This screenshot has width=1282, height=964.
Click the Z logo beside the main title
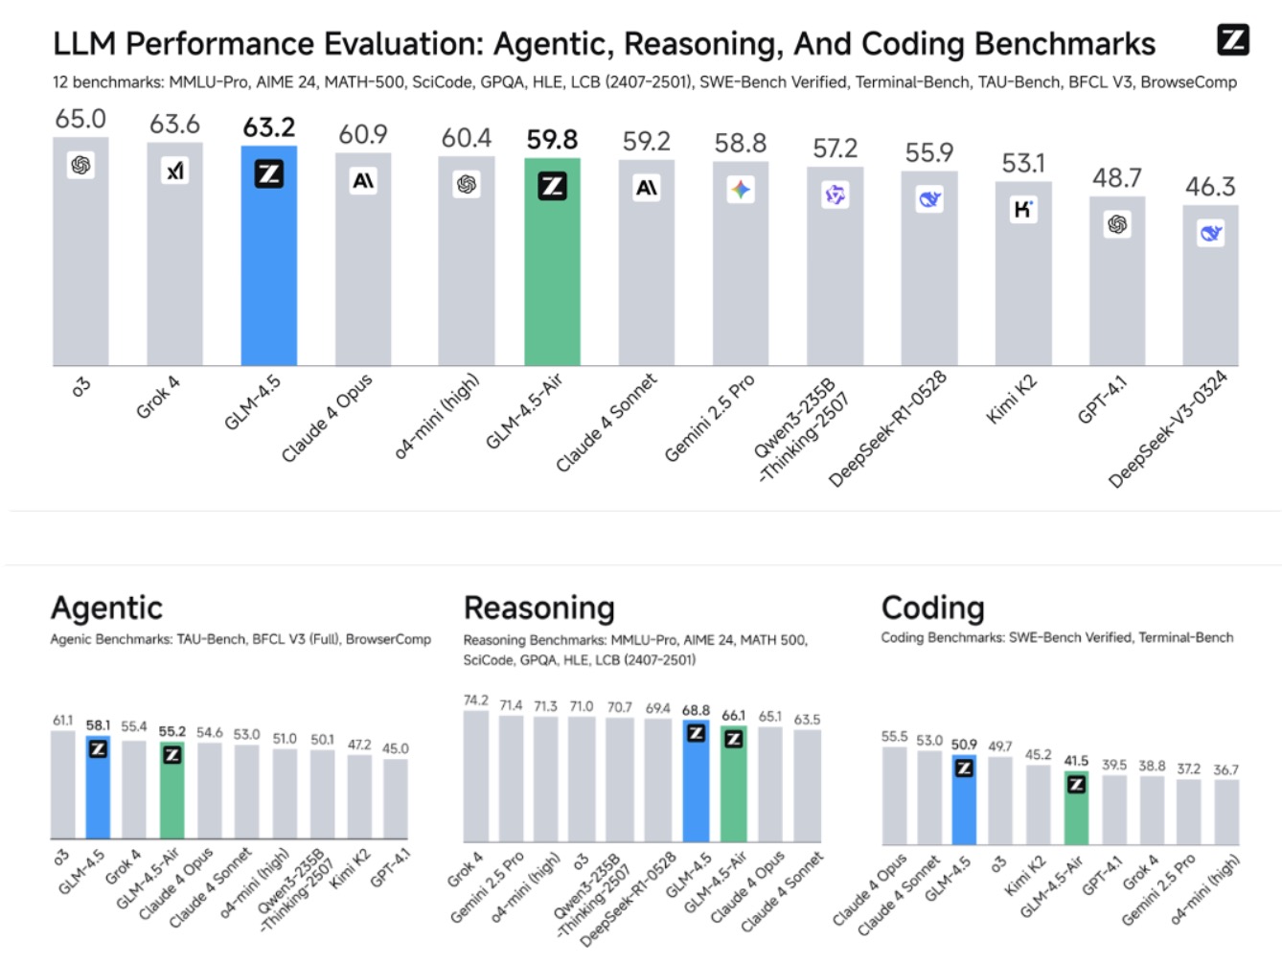tap(1232, 39)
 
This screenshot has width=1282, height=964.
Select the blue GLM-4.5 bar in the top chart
tap(268, 259)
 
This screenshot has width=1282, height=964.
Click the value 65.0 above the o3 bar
tap(80, 119)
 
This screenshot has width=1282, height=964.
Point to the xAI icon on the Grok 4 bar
tap(174, 171)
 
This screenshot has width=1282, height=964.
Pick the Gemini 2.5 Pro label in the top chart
tap(710, 417)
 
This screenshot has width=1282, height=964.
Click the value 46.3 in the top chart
tap(1210, 187)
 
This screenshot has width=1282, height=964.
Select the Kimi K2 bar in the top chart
tap(1022, 278)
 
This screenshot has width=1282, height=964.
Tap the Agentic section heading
tap(106, 608)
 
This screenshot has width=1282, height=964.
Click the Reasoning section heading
tap(538, 608)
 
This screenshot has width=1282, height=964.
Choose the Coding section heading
tap(932, 608)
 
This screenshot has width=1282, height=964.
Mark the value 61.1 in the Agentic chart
tap(62, 720)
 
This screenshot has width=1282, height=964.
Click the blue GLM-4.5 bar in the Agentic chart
tap(98, 791)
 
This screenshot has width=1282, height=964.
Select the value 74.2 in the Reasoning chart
tap(475, 700)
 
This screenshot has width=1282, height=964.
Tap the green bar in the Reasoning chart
tap(733, 786)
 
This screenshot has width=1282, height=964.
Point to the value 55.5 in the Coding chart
tap(894, 736)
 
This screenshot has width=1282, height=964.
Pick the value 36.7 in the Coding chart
tap(1225, 769)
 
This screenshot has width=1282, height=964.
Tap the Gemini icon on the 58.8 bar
tap(740, 190)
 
